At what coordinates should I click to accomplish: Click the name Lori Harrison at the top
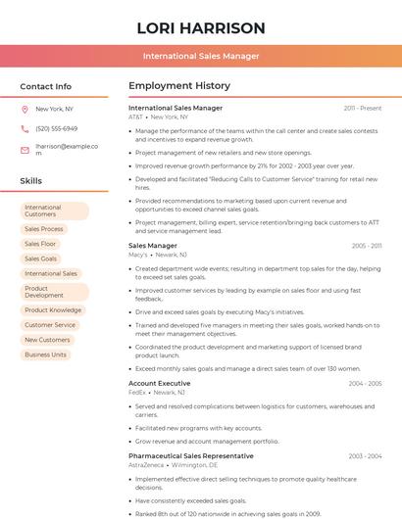[x=201, y=27]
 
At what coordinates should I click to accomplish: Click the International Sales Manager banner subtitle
[x=201, y=56]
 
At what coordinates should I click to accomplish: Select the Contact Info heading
[x=46, y=86]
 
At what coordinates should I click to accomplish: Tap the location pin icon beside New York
[x=25, y=110]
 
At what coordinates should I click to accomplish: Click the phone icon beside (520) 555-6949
[x=25, y=129]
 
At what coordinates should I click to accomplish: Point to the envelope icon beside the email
[x=25, y=150]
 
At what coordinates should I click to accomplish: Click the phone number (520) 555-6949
[x=56, y=129]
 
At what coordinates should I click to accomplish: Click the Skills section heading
[x=31, y=181]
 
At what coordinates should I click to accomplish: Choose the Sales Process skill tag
[x=44, y=229]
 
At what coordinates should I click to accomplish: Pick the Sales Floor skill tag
[x=40, y=244]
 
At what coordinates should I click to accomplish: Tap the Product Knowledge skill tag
[x=53, y=310]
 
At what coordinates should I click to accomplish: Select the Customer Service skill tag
[x=50, y=325]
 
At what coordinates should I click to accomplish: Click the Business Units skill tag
[x=46, y=354]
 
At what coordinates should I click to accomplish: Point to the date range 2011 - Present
[x=363, y=108]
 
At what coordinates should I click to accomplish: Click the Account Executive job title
[x=160, y=383]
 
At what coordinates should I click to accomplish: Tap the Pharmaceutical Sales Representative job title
[x=191, y=456]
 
